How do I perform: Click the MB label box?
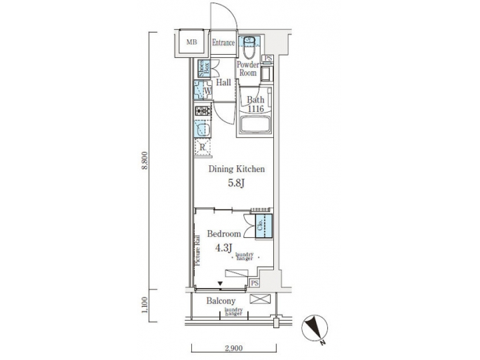coord(192,43)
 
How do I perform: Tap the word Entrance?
coord(223,43)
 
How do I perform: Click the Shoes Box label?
coord(203,67)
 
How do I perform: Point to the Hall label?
coord(223,83)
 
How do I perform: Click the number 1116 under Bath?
coord(257,109)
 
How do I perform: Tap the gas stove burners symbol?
coord(203,111)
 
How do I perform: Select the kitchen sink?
coord(203,128)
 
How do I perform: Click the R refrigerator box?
coord(203,147)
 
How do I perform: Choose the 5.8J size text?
coord(237,183)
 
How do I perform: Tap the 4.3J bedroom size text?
coord(224,248)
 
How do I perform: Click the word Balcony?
coord(221,301)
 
